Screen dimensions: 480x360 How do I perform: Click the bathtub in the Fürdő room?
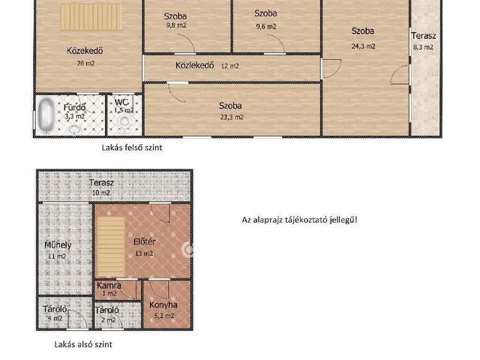(x=46, y=115)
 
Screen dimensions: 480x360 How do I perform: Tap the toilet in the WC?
(x=124, y=123)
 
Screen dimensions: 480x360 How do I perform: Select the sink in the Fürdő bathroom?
(x=73, y=130)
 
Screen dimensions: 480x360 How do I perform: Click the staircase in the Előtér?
(x=111, y=247)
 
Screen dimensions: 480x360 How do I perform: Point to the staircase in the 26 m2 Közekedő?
(x=91, y=16)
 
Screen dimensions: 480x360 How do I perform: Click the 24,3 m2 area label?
(x=363, y=46)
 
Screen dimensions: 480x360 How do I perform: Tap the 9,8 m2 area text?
(x=176, y=25)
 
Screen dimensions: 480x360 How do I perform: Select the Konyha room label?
(x=163, y=305)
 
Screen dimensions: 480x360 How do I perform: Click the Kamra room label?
(x=109, y=286)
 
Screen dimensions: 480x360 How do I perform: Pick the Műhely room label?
(x=58, y=245)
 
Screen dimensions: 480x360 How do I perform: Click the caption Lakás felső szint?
(x=132, y=148)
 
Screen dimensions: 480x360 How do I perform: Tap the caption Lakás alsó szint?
(x=83, y=344)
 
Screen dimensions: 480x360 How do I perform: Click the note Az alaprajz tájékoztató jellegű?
(x=300, y=220)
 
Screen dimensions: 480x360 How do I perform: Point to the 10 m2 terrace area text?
(x=101, y=193)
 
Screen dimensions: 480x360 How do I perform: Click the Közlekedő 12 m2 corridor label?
(x=207, y=65)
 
